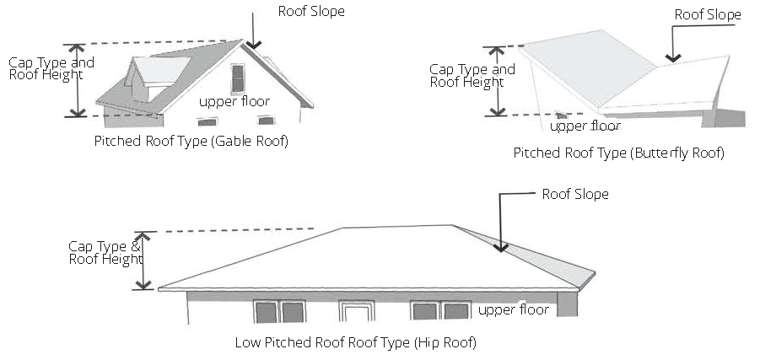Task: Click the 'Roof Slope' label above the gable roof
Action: [311, 12]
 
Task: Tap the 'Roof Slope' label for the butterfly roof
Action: [708, 15]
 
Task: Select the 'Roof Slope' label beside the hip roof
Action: [574, 195]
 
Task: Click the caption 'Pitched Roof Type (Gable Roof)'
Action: [191, 142]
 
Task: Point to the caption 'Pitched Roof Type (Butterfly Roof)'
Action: [618, 153]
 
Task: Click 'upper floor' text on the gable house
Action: [234, 101]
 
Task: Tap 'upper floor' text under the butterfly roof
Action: [585, 126]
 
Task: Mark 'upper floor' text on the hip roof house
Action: [514, 310]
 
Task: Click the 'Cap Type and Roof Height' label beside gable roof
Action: [51, 68]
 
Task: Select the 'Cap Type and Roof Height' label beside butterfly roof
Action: [472, 76]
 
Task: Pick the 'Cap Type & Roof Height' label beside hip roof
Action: [105, 252]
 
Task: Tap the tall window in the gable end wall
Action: [239, 78]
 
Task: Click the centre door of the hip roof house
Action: [355, 311]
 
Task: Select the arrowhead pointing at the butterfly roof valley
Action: [672, 58]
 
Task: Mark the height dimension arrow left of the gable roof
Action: [78, 80]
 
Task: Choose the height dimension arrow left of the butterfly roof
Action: [498, 81]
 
